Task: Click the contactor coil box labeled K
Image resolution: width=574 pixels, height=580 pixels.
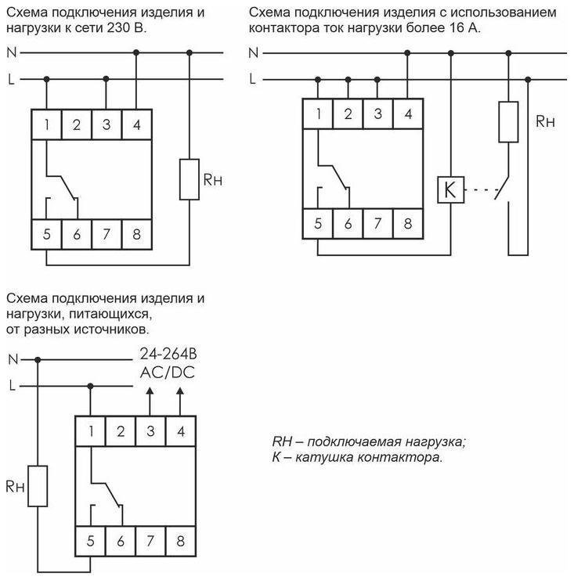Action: tap(449, 189)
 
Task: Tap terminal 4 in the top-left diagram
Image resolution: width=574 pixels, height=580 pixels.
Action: tap(136, 124)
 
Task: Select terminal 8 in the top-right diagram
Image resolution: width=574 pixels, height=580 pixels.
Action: tap(407, 223)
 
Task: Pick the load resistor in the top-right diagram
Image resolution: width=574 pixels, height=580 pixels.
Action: tap(509, 121)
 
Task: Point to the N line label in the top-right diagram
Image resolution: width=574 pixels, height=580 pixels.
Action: tap(252, 53)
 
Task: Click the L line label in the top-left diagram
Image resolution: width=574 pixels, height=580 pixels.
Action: tap(12, 79)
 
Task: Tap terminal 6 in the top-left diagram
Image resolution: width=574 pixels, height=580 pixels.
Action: tap(77, 234)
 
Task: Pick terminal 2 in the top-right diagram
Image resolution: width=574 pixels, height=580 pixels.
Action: tap(348, 113)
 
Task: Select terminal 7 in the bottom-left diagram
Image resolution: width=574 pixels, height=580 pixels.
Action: tap(151, 540)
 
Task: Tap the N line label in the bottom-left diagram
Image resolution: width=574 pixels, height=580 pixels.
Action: tap(12, 359)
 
